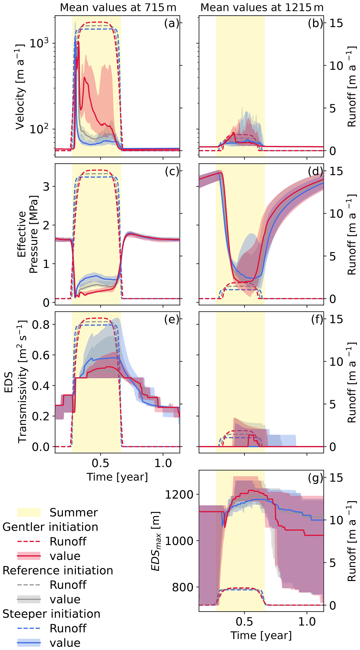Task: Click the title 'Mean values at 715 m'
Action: tap(118, 7)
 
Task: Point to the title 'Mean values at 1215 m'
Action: tap(262, 7)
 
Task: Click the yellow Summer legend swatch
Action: tap(29, 512)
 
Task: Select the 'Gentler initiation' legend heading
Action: tap(50, 527)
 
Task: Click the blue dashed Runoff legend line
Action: tap(29, 628)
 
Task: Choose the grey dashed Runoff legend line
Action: tap(29, 585)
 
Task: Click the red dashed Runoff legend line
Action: tap(29, 541)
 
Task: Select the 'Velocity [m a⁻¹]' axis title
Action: tap(20, 87)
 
